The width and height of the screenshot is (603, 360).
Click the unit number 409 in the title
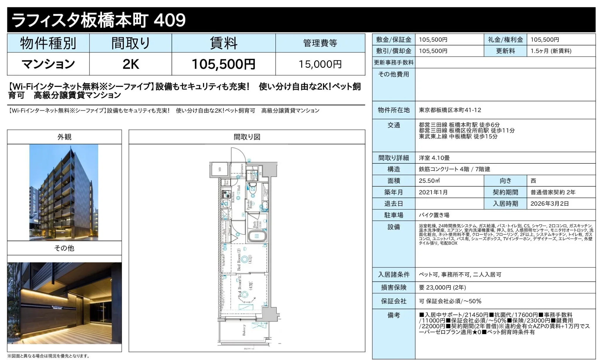click(170, 20)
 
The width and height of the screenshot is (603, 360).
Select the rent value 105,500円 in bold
click(223, 64)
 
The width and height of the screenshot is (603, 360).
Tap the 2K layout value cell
click(131, 64)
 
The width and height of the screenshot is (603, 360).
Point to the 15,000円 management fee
click(320, 64)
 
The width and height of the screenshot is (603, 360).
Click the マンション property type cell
click(48, 64)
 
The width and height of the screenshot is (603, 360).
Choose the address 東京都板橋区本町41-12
click(450, 110)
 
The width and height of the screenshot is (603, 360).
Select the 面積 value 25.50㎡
click(429, 181)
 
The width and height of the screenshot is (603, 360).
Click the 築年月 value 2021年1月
click(433, 192)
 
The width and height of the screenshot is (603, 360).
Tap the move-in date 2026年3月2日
click(550, 204)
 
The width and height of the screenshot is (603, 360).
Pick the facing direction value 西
click(533, 181)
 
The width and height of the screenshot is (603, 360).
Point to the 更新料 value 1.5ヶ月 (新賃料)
click(551, 51)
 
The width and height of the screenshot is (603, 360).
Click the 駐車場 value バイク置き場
click(434, 215)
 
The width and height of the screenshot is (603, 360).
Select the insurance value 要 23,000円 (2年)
click(442, 288)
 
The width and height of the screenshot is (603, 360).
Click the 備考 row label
click(394, 315)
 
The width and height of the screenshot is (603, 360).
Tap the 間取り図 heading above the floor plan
click(247, 137)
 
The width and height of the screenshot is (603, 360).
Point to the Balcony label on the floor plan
click(244, 330)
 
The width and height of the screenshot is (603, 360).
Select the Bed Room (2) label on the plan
click(239, 259)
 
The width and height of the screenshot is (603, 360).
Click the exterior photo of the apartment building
click(64, 192)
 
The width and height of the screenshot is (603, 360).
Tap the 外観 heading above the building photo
click(64, 137)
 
